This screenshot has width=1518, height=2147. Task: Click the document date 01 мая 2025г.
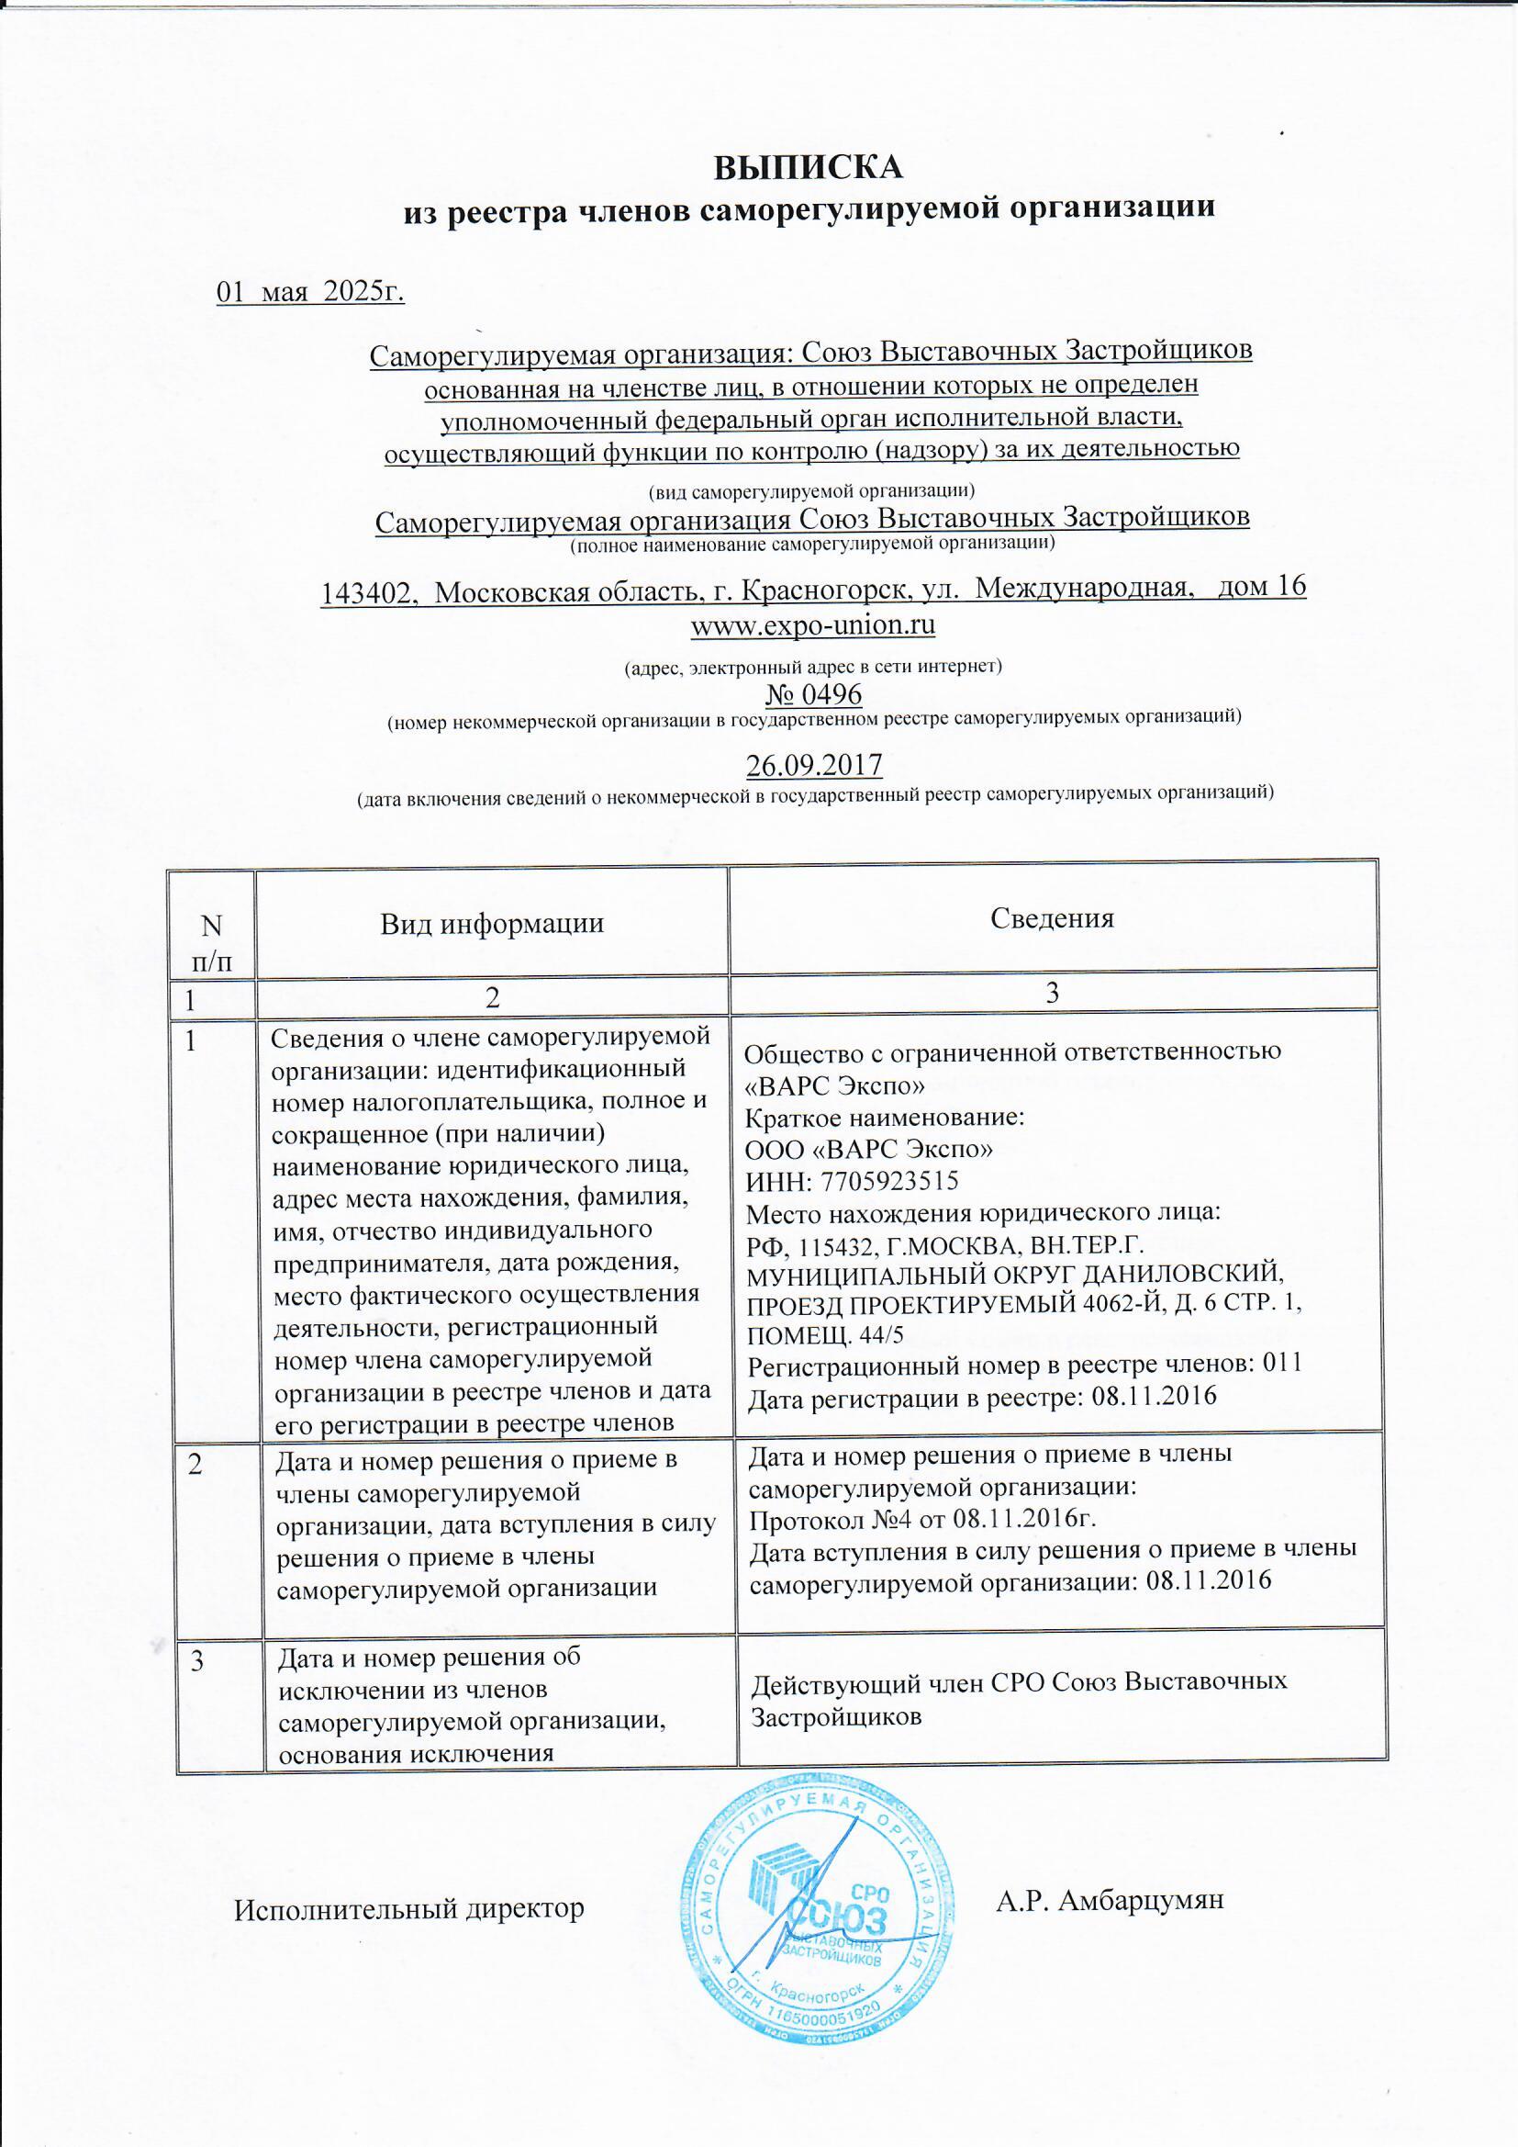click(x=310, y=294)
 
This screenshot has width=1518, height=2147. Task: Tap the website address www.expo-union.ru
click(x=812, y=624)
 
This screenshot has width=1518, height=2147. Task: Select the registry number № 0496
click(x=812, y=695)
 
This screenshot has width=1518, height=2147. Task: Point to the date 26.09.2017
click(x=813, y=766)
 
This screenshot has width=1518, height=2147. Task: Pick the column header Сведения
click(x=1052, y=918)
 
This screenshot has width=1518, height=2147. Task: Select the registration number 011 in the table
click(x=1282, y=1363)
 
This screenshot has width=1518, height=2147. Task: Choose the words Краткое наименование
click(x=884, y=1118)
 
